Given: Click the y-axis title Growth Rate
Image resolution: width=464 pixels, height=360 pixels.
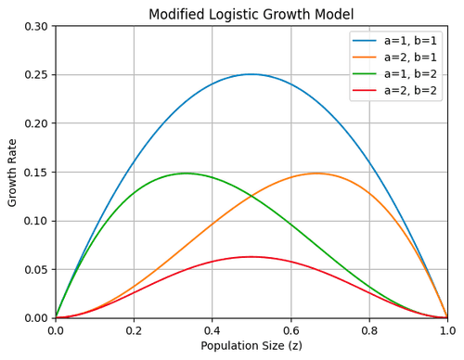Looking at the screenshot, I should [13, 172].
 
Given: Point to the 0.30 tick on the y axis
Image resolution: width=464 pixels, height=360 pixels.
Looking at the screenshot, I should [37, 26].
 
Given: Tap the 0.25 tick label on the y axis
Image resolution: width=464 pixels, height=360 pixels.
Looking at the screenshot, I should [37, 74].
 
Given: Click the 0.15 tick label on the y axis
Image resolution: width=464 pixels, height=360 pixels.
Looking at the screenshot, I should [37, 172].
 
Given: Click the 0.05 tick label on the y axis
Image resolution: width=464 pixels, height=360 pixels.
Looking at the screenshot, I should [37, 269].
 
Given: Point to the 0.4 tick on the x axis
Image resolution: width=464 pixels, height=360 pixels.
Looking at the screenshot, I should [213, 328].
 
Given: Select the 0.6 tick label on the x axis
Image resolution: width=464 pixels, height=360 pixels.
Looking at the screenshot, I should [290, 328].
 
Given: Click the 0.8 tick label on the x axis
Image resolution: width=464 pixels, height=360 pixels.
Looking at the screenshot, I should [369, 328].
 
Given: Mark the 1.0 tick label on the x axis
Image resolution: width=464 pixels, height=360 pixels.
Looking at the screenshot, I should [447, 328].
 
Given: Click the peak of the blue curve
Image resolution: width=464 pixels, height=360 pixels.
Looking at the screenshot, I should [251, 72].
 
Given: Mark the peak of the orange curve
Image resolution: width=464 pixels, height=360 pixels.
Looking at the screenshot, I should [317, 173].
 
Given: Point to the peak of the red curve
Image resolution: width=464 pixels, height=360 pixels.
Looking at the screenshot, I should [251, 255].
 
